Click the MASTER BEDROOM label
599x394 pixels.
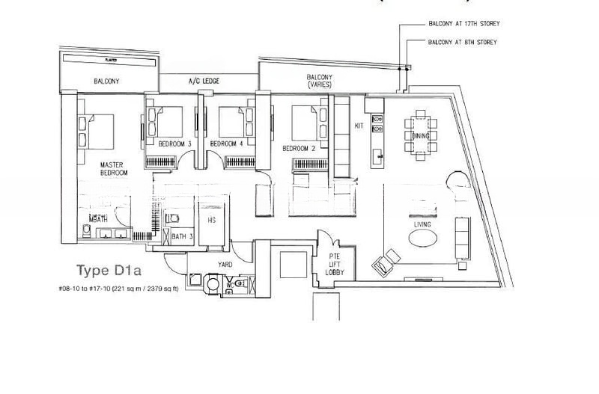pyautogui.click(x=114, y=168)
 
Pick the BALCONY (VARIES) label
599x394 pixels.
pyautogui.click(x=320, y=81)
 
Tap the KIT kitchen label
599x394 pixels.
pyautogui.click(x=359, y=126)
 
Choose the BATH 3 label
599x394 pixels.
pyautogui.click(x=178, y=236)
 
